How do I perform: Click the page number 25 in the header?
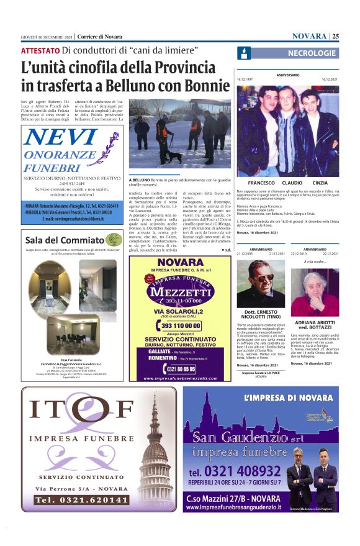click(335, 35)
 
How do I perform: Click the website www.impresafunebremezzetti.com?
click(181, 378)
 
